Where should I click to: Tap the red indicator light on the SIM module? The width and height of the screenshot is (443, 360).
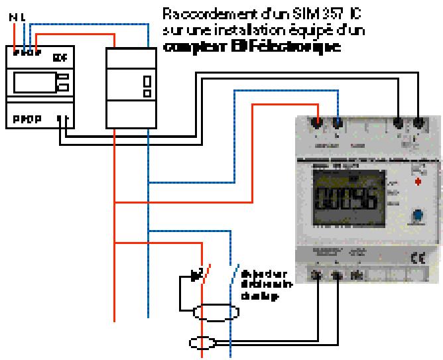click(417, 180)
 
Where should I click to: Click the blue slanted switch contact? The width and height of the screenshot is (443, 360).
click(233, 272)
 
